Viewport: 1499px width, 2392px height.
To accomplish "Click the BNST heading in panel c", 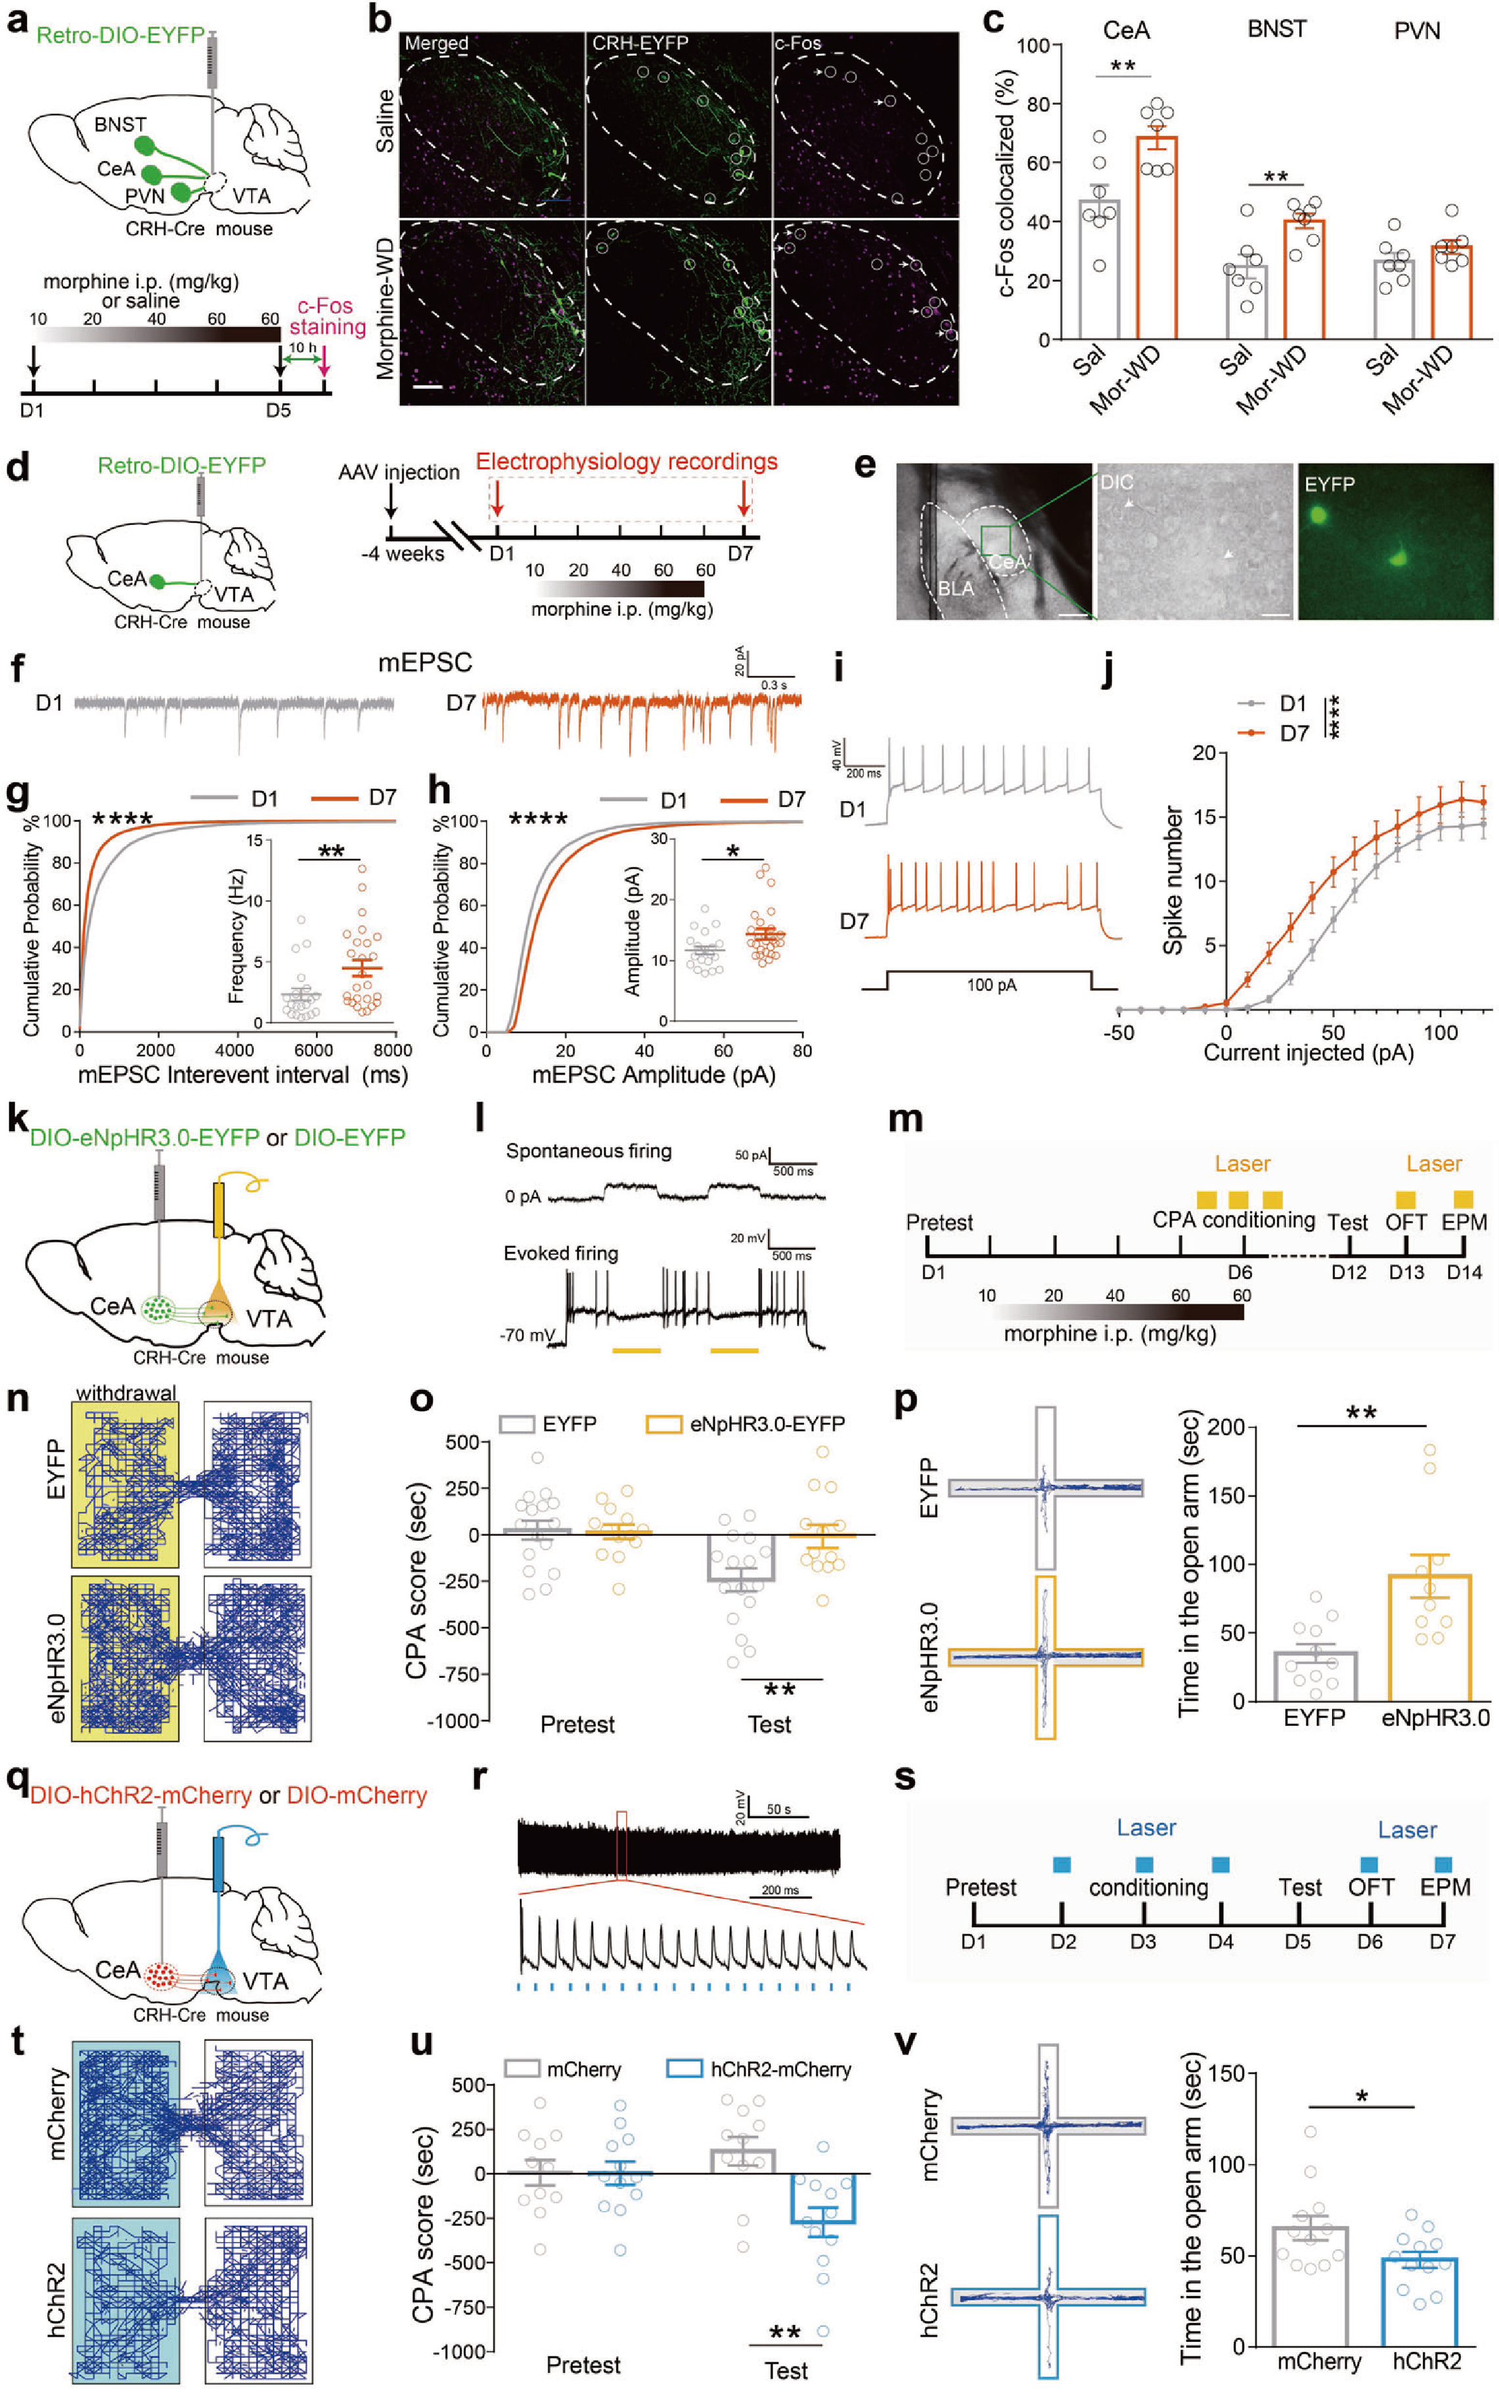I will pos(1276,29).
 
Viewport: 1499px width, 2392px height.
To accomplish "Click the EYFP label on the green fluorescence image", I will pos(1329,484).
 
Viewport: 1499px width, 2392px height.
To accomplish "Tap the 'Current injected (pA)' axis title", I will pos(1308,1052).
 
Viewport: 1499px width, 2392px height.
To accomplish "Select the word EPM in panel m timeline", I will pos(1463,1222).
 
